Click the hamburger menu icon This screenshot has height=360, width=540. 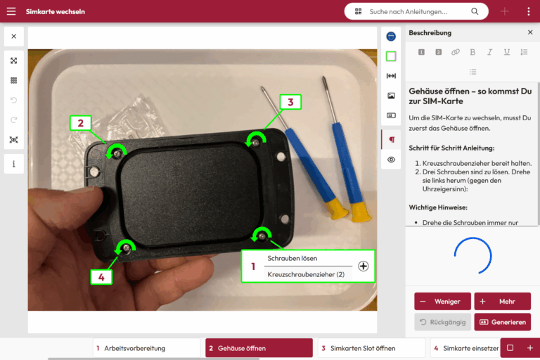click(11, 11)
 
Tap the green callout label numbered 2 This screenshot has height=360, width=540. click(81, 123)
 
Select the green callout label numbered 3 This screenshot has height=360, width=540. click(290, 102)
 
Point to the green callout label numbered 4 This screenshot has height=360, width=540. click(101, 277)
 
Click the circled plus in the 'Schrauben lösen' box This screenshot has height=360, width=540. click(364, 266)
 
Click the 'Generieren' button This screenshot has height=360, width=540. click(503, 322)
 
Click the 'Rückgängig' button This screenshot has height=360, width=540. click(442, 322)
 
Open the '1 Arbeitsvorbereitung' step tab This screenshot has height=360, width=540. click(146, 348)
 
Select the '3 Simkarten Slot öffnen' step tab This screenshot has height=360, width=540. click(371, 348)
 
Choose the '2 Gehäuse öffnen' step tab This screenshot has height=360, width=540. click(259, 348)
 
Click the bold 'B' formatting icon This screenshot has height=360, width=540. click(472, 52)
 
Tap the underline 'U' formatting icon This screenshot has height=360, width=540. click(506, 52)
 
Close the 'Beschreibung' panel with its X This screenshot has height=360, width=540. click(530, 32)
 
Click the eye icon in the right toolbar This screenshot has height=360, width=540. click(391, 160)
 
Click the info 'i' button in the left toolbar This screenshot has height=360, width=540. click(14, 164)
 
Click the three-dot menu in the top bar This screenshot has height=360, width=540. click(529, 11)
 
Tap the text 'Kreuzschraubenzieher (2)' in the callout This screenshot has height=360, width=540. click(306, 274)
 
